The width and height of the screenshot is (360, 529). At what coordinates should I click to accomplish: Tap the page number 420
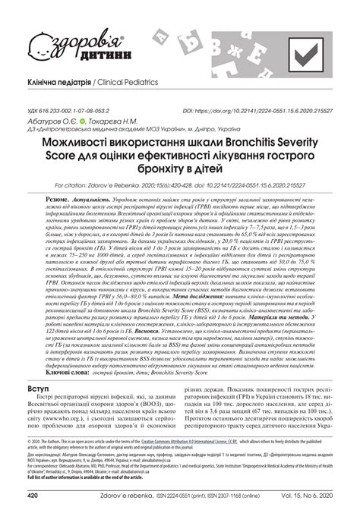(33, 516)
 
